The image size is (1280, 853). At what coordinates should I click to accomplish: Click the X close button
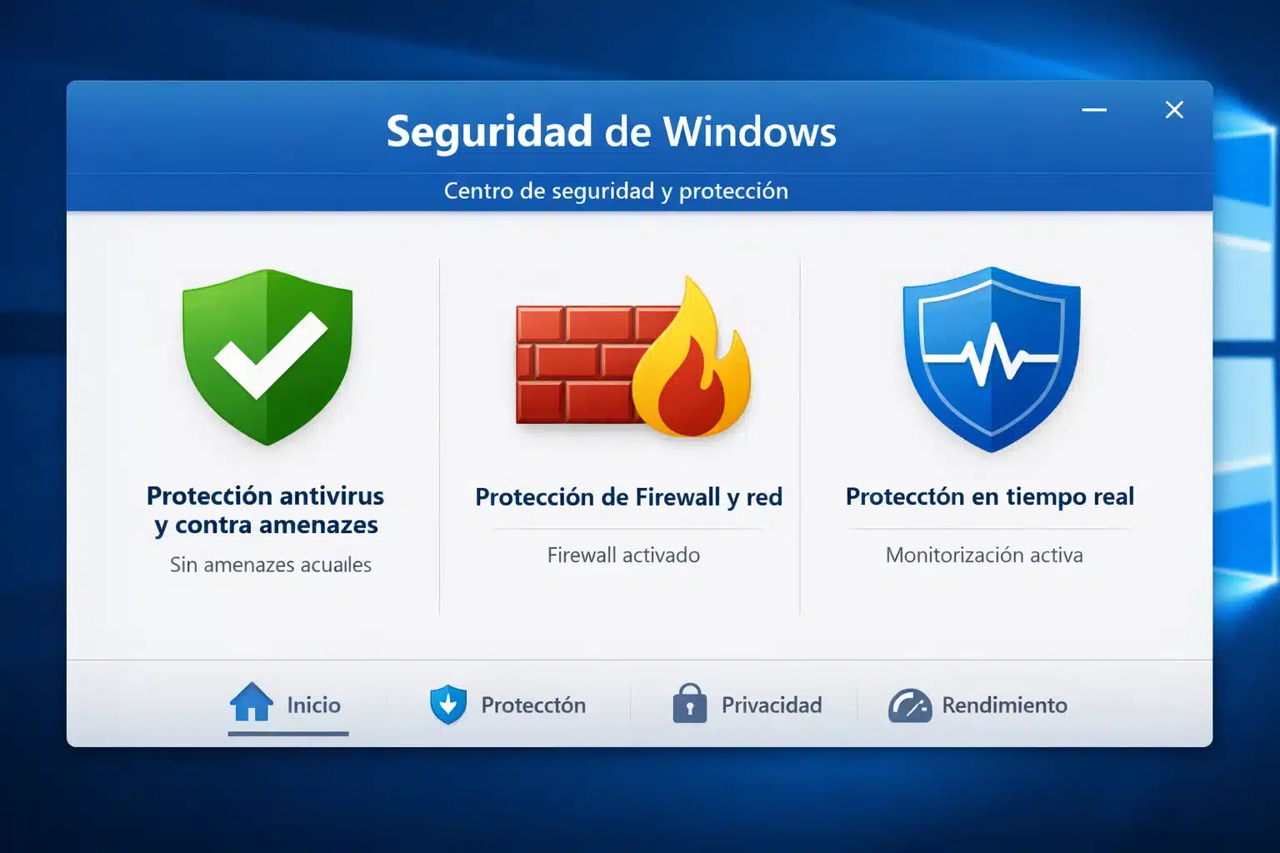1174,110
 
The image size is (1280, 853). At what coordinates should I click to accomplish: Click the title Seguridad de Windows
611,132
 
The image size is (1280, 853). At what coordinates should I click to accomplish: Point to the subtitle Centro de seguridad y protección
616,191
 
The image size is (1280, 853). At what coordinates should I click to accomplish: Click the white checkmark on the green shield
269,353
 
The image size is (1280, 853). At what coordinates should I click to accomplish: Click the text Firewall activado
623,555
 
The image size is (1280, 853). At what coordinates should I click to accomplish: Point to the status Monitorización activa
984,555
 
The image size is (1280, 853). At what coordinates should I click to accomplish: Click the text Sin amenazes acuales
271,565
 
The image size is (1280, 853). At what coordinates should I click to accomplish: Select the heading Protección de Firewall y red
628,497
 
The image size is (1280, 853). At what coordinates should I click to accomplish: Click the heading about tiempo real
990,497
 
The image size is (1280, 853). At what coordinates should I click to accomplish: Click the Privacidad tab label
772,705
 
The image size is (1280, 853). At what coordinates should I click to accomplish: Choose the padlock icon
689,704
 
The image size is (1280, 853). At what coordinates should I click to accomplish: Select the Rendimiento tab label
1004,705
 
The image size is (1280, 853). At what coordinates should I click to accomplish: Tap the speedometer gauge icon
910,706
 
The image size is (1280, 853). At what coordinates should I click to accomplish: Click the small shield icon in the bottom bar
448,705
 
